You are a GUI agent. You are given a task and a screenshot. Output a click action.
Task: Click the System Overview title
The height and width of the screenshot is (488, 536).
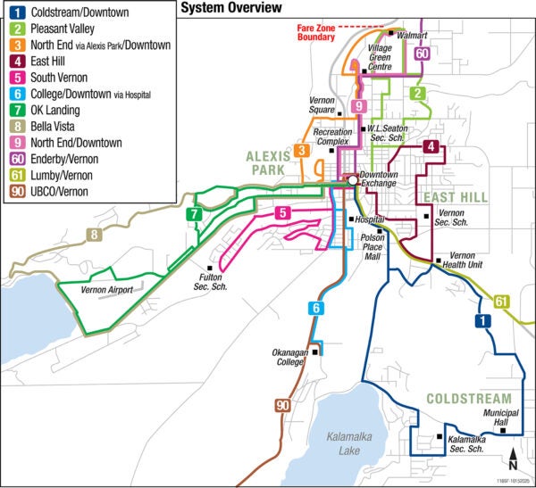[230, 8]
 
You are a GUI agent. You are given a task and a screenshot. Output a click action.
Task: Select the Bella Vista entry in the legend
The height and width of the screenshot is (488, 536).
[54, 126]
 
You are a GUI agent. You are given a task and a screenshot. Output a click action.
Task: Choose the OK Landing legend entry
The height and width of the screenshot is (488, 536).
[58, 109]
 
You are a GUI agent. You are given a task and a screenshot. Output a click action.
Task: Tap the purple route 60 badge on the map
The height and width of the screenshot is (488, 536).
[422, 53]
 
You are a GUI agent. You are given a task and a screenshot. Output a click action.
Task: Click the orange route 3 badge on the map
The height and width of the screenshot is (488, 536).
[303, 150]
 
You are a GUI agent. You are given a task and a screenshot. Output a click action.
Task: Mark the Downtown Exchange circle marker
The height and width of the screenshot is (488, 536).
[353, 179]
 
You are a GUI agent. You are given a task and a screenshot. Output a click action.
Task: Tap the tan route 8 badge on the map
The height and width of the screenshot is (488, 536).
[95, 236]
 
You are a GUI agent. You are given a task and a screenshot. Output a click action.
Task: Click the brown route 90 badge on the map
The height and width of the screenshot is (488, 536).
[282, 407]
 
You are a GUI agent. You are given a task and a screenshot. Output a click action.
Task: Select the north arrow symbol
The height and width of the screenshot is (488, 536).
[513, 459]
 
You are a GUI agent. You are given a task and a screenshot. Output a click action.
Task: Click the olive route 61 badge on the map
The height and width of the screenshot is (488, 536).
[501, 302]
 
